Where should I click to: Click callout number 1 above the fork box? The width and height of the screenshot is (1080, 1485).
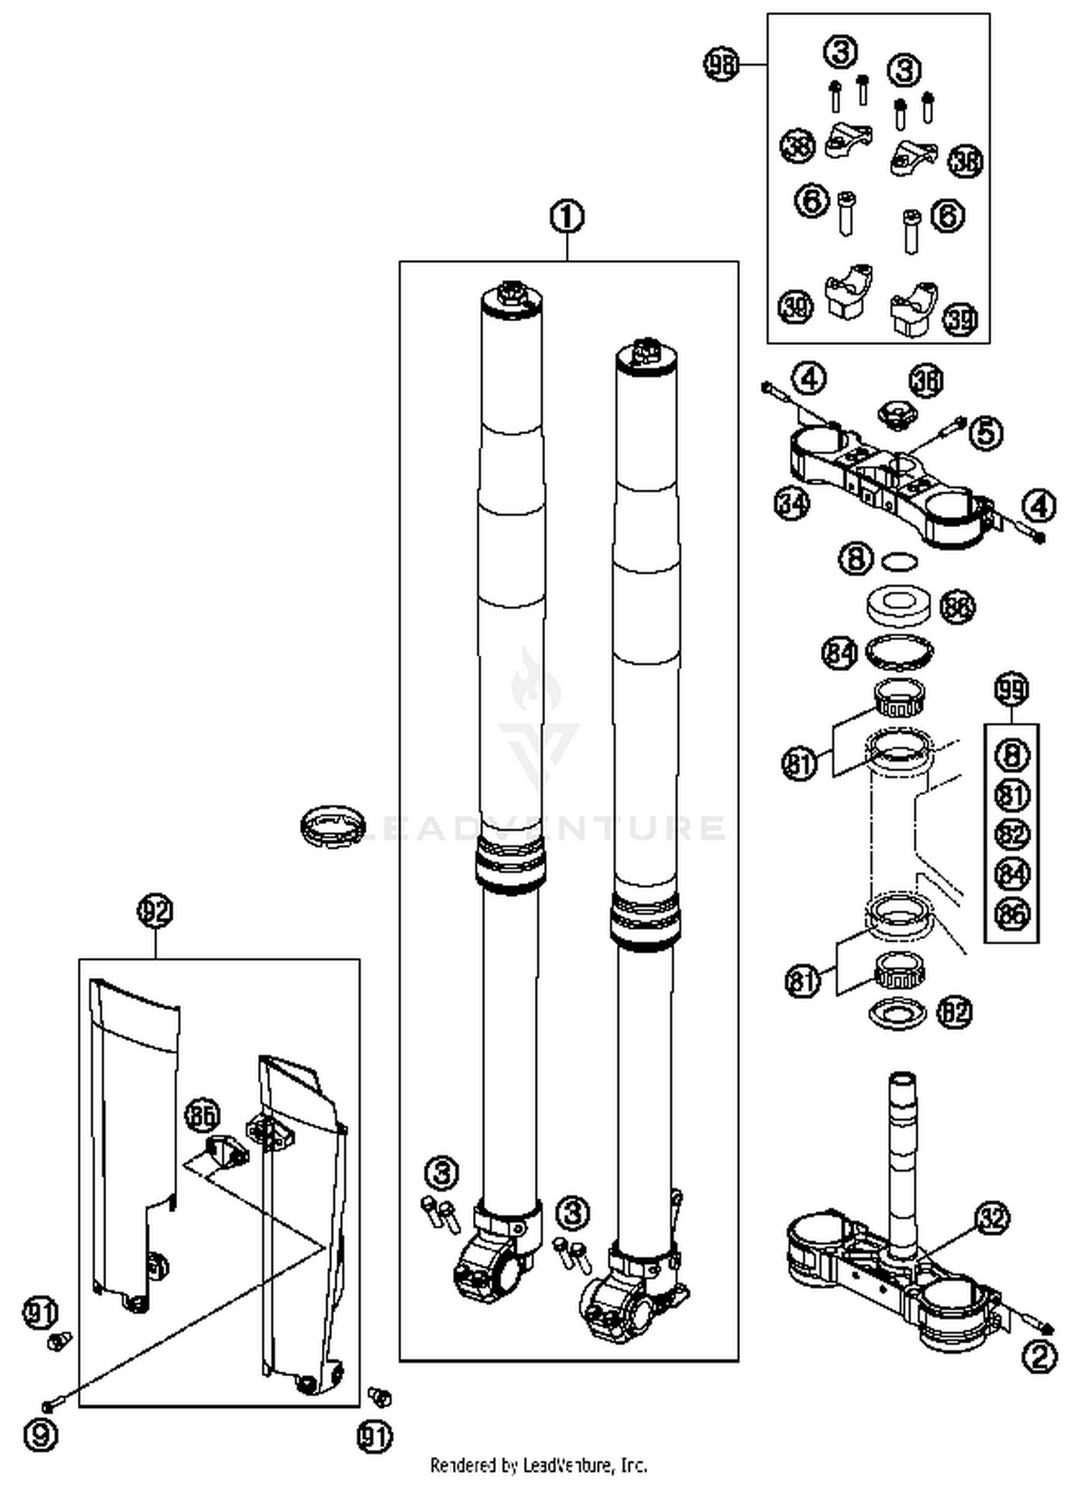click(567, 217)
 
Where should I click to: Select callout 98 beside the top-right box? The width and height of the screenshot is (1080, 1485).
click(721, 64)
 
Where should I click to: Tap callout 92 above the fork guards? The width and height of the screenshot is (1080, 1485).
click(156, 912)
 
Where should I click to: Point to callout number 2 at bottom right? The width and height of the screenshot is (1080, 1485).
click(1040, 1357)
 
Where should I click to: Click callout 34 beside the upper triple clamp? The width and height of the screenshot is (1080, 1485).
click(792, 503)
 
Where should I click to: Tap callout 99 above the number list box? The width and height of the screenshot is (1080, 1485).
click(1011, 690)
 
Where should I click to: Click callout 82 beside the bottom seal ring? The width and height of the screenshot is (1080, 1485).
click(954, 1012)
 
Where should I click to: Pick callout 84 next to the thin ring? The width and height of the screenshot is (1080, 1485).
click(840, 653)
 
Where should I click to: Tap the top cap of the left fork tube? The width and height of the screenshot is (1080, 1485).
click(512, 297)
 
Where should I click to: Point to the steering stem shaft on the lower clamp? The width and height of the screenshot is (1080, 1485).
click(902, 1145)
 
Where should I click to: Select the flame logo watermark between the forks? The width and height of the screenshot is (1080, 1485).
click(536, 681)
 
